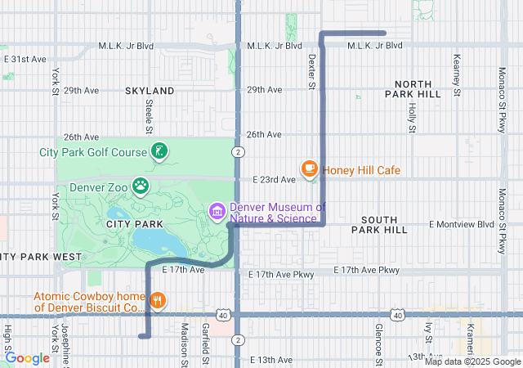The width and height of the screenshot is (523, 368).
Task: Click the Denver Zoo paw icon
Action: click(x=142, y=186)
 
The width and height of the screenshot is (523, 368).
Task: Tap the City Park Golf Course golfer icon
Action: click(x=159, y=151)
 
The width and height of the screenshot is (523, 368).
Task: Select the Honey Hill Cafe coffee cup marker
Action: click(x=310, y=169)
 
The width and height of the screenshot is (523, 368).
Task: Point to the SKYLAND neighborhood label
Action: click(x=150, y=91)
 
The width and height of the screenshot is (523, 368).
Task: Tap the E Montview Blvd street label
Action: click(x=462, y=224)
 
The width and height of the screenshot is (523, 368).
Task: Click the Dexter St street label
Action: click(x=311, y=73)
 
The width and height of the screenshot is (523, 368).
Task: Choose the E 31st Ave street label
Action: click(x=25, y=60)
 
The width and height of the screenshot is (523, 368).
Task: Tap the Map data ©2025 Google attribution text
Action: click(x=472, y=361)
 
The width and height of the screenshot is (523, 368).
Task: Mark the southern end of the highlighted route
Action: click(x=142, y=335)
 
